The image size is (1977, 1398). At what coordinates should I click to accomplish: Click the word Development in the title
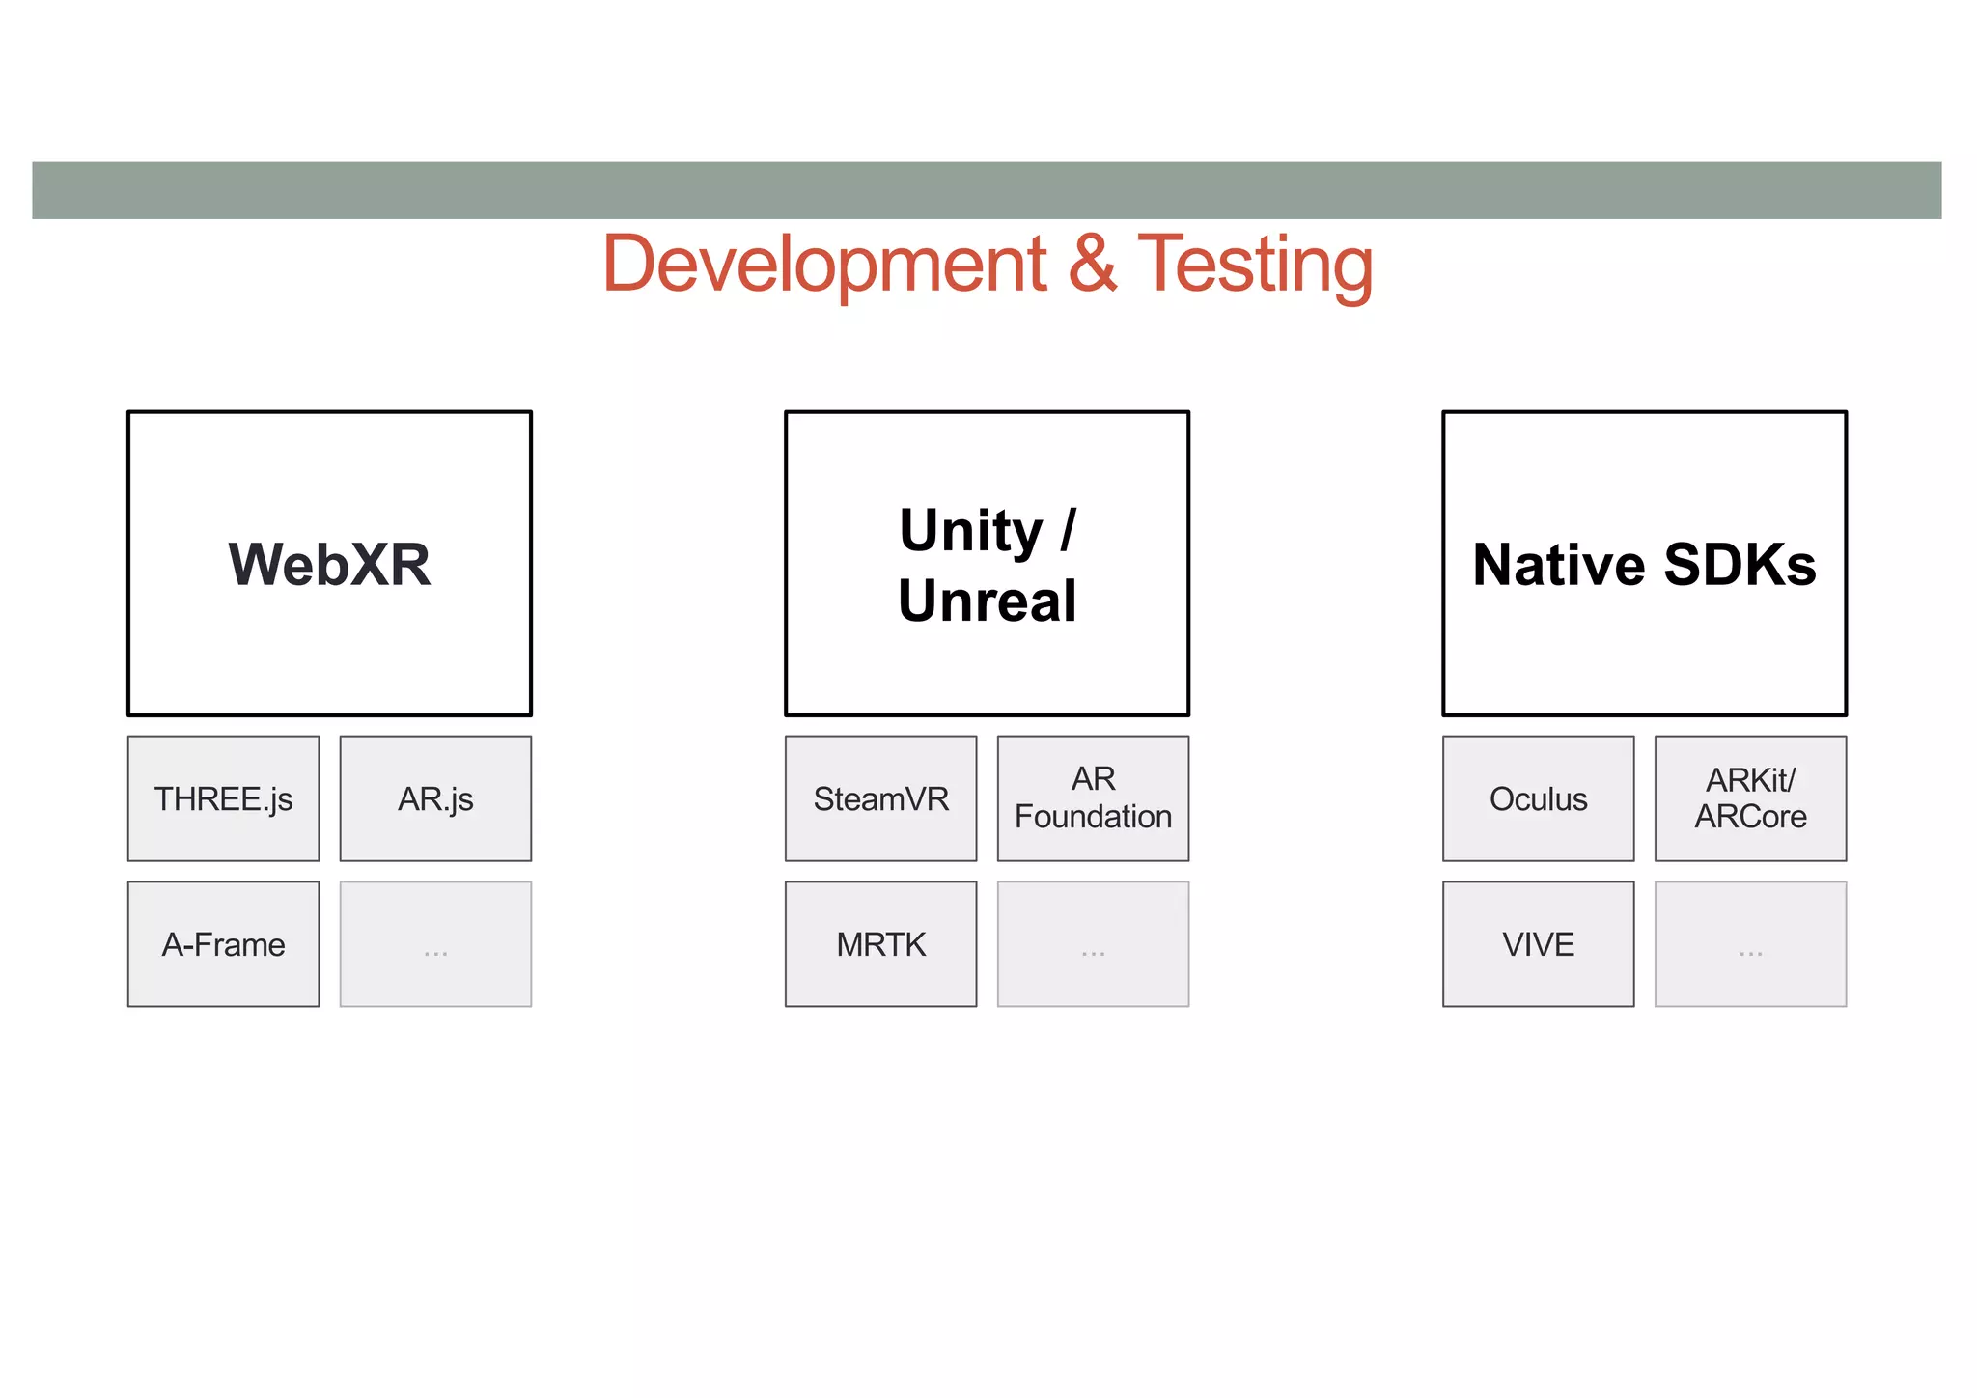824,265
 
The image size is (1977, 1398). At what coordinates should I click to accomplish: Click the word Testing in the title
1255,265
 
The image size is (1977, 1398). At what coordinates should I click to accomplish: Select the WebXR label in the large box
329,565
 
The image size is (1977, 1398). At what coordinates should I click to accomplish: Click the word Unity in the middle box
970,531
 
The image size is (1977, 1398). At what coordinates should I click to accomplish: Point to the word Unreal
987,601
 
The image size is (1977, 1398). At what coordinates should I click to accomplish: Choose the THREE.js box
223,798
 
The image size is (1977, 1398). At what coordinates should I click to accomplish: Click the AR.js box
435,798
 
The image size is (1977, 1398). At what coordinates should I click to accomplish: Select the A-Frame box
223,943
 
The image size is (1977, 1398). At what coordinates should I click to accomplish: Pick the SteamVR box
880,798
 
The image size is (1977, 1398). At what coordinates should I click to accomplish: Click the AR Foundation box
1093,798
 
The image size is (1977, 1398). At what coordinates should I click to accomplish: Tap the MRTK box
880,943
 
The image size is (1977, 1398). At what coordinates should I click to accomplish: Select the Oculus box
1538,798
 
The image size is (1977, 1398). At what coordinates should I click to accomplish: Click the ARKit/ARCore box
1750,798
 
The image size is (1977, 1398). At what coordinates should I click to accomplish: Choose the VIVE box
1538,943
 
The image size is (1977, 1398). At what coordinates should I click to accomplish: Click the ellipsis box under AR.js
435,943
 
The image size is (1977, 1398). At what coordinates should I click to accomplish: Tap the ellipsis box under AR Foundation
1093,943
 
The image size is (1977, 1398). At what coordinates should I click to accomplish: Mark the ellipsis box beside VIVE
1750,943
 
